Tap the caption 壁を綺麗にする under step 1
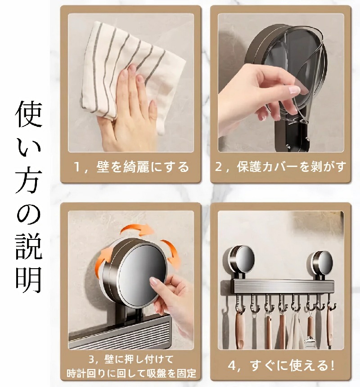tap(143, 167)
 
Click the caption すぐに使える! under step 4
tap(292, 365)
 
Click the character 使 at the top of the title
tap(28, 114)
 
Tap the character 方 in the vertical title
tap(28, 180)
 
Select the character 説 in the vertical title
tap(28, 246)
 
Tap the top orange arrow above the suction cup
tap(137, 229)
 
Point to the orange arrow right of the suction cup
tap(171, 254)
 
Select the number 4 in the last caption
tap(232, 366)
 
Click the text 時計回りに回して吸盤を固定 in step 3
tap(131, 373)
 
